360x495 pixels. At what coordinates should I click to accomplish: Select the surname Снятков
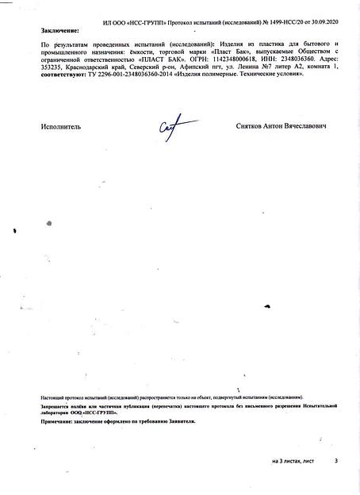click(251, 126)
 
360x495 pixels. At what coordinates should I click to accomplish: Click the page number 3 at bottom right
click(335, 460)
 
